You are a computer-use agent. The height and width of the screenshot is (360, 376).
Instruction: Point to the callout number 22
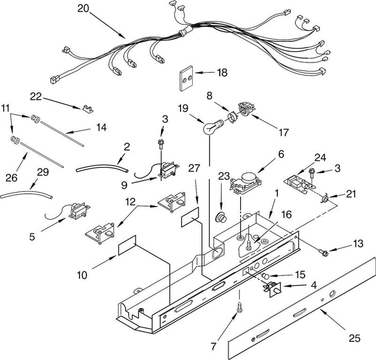pyautogui.click(x=36, y=97)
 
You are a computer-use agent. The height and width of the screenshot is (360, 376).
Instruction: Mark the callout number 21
pyautogui.click(x=350, y=194)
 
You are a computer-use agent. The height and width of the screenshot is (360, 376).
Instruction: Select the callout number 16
pyautogui.click(x=286, y=214)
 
